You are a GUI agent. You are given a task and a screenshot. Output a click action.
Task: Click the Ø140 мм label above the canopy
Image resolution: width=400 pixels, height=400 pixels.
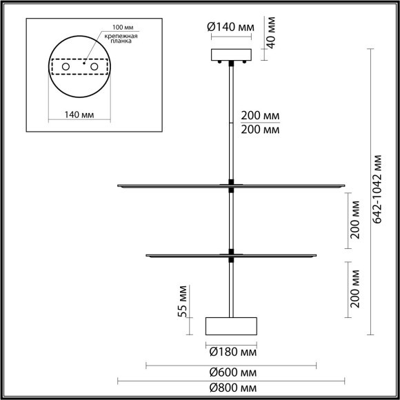tap(230, 28)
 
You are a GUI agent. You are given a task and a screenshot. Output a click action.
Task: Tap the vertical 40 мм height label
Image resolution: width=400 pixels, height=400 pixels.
tap(272, 32)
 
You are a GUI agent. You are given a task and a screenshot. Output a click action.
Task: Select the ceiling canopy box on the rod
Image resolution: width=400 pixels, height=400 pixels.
tap(231, 54)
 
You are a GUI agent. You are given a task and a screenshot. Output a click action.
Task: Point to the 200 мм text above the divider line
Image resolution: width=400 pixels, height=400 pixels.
tap(259, 116)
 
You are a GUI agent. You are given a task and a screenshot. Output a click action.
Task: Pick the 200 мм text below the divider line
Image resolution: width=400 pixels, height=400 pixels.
tap(259, 129)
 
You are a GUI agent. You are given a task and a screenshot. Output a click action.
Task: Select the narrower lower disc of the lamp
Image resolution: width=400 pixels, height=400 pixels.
tap(231, 255)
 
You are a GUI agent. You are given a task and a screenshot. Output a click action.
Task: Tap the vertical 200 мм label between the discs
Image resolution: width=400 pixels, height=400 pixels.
tap(355, 220)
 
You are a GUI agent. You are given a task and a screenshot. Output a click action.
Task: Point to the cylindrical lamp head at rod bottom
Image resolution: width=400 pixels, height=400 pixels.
tap(231, 325)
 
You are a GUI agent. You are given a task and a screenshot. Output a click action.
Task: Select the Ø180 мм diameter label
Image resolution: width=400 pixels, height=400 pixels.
tap(231, 352)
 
